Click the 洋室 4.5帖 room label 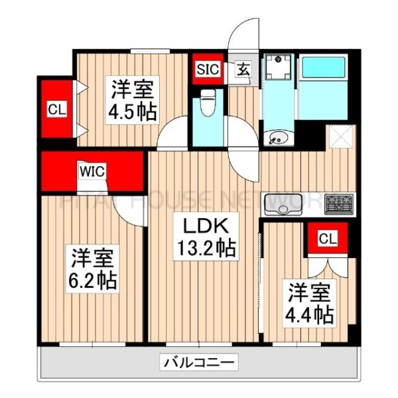[133, 99]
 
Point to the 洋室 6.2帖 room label [93, 268]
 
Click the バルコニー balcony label [198, 362]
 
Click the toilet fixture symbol [208, 103]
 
